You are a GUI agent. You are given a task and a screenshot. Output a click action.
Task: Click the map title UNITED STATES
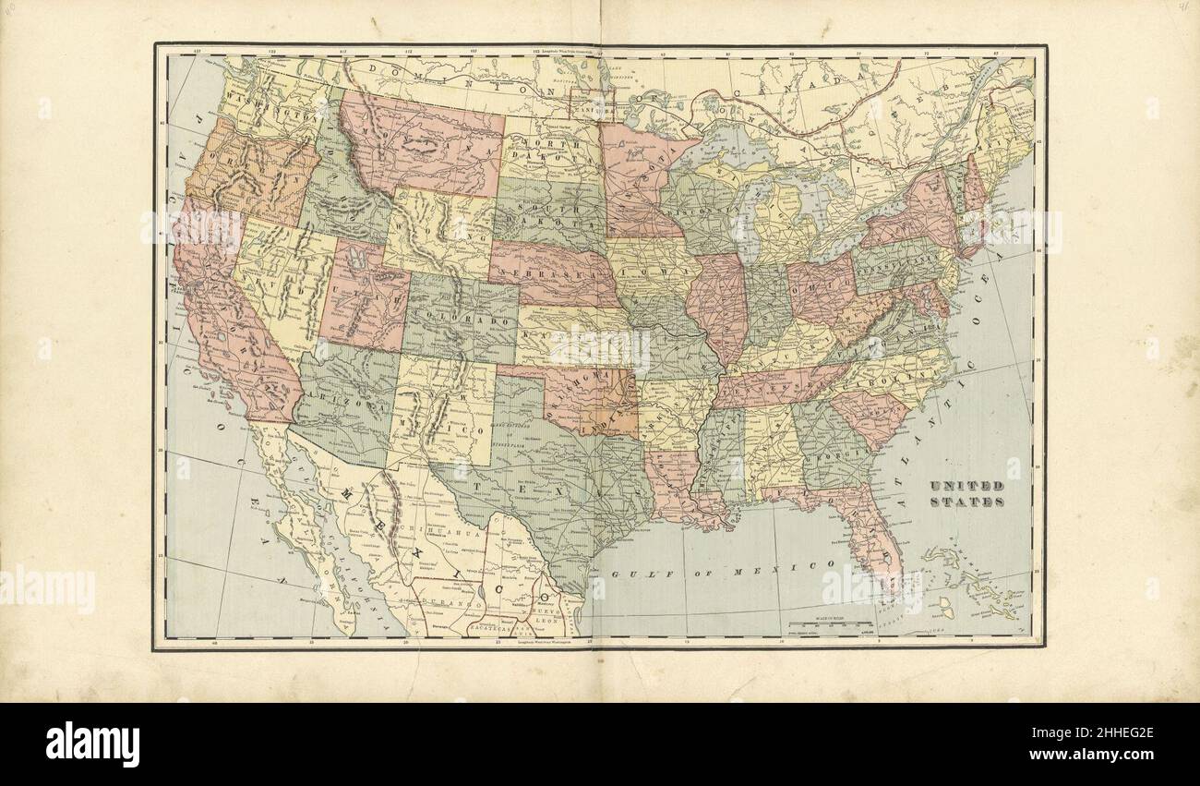coord(966,493)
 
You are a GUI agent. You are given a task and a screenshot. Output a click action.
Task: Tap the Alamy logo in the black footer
coord(92,744)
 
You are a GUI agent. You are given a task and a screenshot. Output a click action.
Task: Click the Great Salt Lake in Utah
coord(358,268)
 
